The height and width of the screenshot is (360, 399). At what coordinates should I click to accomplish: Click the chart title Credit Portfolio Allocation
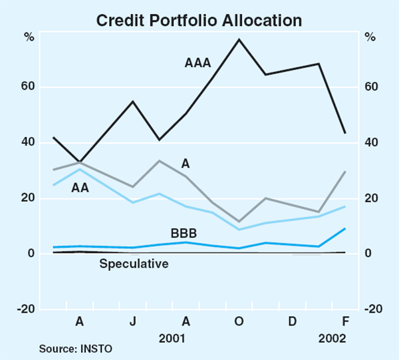click(199, 20)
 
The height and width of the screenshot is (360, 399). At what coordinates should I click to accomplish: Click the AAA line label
click(198, 64)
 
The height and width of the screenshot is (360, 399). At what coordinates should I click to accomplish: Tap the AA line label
click(80, 188)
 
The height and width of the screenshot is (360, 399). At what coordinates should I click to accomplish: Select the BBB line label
click(183, 233)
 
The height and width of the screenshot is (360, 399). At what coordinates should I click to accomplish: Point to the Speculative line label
click(134, 264)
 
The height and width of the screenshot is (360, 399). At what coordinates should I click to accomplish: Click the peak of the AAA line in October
click(239, 39)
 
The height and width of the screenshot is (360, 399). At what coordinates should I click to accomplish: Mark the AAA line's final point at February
click(345, 133)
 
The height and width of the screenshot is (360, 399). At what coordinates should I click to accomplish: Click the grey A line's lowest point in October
click(239, 222)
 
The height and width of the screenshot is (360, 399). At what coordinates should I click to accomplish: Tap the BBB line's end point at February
click(345, 229)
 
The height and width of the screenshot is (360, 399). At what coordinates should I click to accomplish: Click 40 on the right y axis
click(372, 143)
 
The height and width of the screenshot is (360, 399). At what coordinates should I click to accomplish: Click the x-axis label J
click(133, 321)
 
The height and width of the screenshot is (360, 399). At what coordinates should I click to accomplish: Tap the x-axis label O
click(239, 321)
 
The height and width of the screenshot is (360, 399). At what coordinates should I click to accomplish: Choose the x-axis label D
click(292, 321)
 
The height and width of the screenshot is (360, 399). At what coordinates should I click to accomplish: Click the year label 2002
click(332, 337)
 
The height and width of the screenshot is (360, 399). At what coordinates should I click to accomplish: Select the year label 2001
click(172, 337)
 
